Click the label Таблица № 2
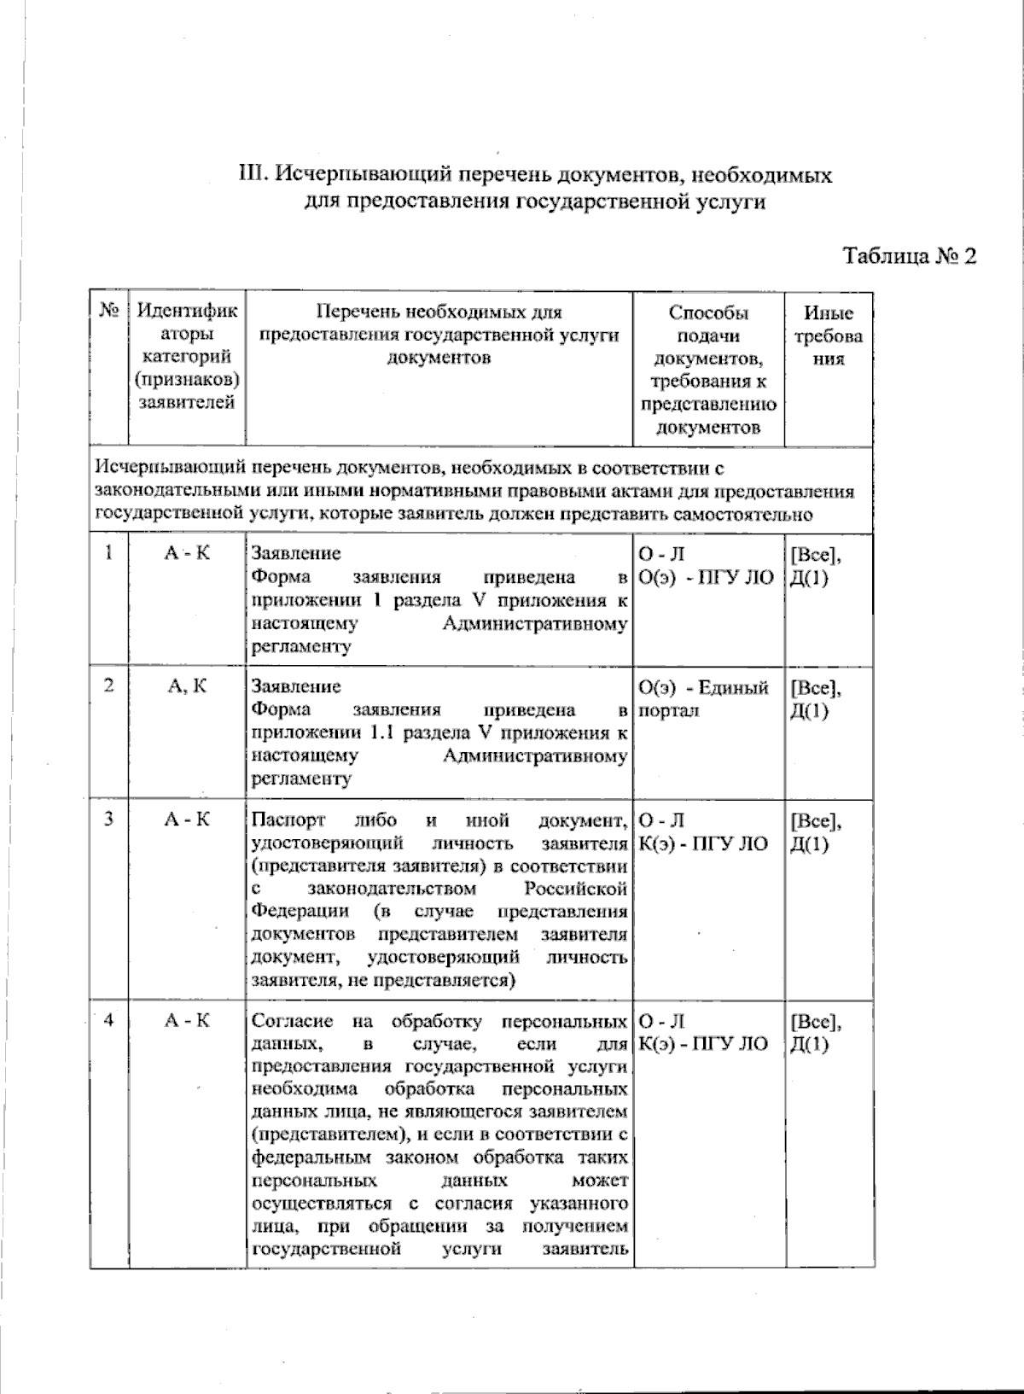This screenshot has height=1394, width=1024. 909,256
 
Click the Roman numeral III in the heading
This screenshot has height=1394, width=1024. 254,176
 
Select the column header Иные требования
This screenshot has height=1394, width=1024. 828,335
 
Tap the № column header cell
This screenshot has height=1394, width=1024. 108,312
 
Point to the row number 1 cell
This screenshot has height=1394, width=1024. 108,553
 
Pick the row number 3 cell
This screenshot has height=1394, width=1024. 108,819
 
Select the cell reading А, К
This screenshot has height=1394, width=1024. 187,686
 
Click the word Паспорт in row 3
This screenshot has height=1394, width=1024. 288,820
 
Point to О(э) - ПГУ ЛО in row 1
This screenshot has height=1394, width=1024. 705,577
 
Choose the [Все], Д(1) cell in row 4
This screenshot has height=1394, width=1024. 816,1032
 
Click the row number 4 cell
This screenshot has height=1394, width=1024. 108,1020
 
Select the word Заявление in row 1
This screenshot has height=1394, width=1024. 295,553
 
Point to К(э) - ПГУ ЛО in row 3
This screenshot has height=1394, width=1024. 703,843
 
